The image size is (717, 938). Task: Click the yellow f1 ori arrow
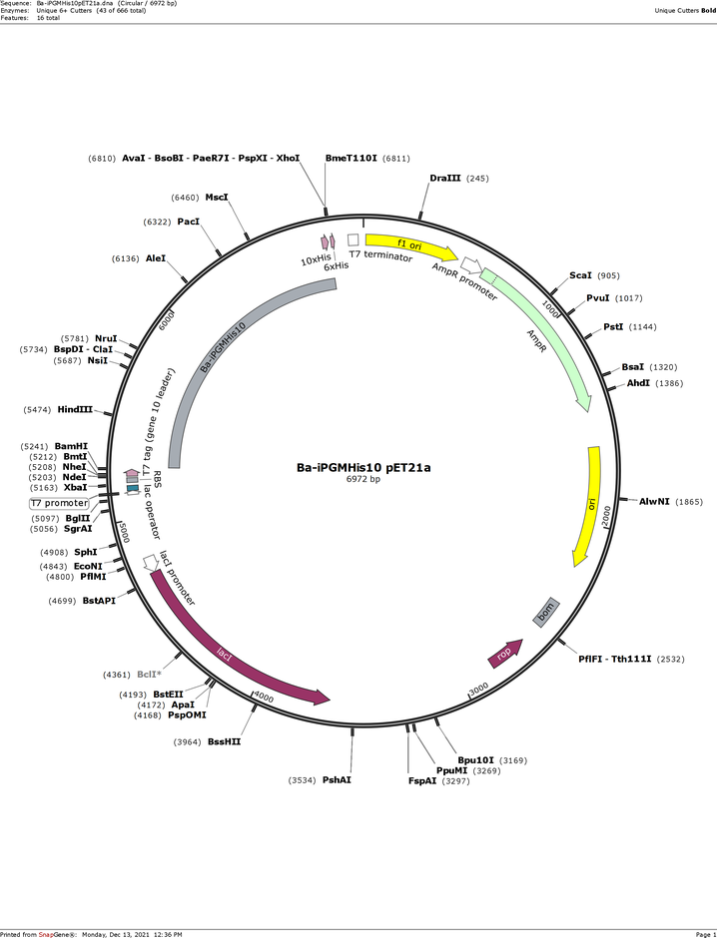coord(410,244)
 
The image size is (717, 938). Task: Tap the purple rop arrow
coord(505,654)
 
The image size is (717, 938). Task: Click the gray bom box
coord(546,613)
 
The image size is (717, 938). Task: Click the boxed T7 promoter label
coord(59,503)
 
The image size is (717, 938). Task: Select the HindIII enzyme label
coord(75,410)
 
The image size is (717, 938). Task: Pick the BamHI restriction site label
coord(71,446)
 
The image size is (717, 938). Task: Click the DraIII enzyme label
coord(445,179)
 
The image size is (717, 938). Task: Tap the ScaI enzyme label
coord(580,275)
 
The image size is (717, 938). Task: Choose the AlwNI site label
coord(654,502)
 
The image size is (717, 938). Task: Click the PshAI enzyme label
coord(337,780)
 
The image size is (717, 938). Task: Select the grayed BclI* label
coord(150,675)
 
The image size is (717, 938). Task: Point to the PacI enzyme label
coord(189,222)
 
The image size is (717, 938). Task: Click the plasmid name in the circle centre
coord(363,468)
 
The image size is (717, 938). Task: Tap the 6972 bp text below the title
coord(363,479)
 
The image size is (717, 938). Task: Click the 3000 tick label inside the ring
coord(478,690)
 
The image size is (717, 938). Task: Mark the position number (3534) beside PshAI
coord(303,780)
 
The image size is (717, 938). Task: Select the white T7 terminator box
coord(354,239)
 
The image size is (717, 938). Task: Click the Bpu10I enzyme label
coord(475,761)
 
